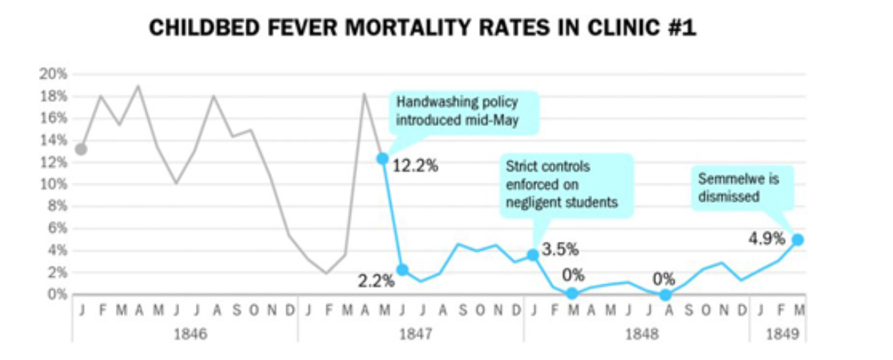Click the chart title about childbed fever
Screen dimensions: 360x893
[422, 29]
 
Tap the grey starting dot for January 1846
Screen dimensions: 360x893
[81, 149]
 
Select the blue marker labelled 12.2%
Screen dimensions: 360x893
[382, 158]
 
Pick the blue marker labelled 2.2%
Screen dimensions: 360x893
[402, 270]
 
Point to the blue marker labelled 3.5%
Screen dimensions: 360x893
[533, 254]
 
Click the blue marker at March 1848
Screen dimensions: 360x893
[573, 293]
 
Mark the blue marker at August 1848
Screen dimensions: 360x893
[665, 294]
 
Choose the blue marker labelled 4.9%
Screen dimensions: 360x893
[798, 239]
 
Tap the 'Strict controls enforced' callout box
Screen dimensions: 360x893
[567, 184]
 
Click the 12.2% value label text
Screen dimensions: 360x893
[416, 165]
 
